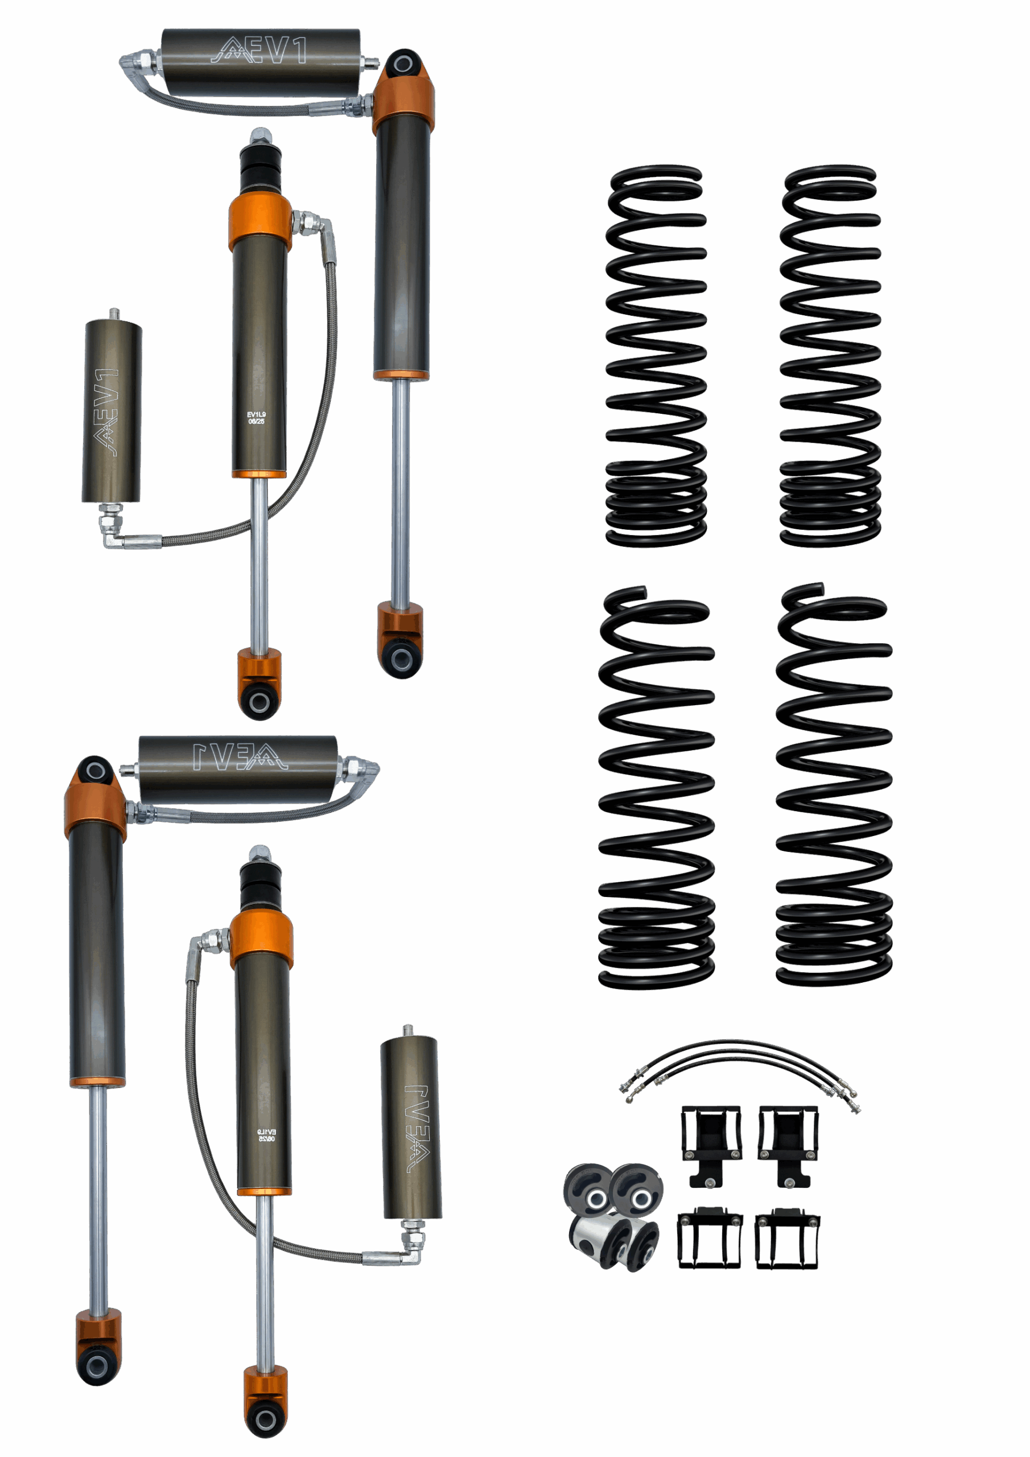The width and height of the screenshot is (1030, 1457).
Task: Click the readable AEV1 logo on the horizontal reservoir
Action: (x=259, y=51)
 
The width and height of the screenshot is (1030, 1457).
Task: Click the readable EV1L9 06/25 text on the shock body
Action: (x=257, y=418)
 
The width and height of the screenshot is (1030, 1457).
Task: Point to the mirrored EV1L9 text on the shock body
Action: (x=266, y=1135)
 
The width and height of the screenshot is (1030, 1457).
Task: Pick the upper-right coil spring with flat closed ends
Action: (x=830, y=355)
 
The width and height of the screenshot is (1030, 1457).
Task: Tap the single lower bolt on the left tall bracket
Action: (x=710, y=1182)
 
